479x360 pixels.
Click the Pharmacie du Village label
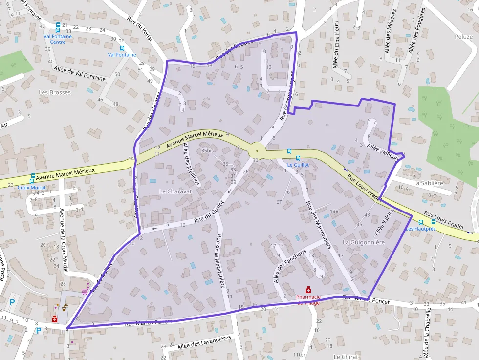click(x=308, y=299)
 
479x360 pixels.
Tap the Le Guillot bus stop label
click(x=298, y=165)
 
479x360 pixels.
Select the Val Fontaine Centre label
click(x=58, y=39)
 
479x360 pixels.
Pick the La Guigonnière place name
click(x=364, y=242)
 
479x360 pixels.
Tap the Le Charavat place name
click(x=175, y=191)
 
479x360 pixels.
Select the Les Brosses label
click(x=55, y=92)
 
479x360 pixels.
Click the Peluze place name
click(x=463, y=37)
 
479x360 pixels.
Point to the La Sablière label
click(x=428, y=183)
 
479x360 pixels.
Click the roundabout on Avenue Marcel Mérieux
click(x=257, y=150)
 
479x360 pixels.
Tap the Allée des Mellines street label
click(x=191, y=164)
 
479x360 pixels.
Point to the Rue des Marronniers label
click(x=318, y=225)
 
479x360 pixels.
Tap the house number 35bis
click(x=208, y=150)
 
